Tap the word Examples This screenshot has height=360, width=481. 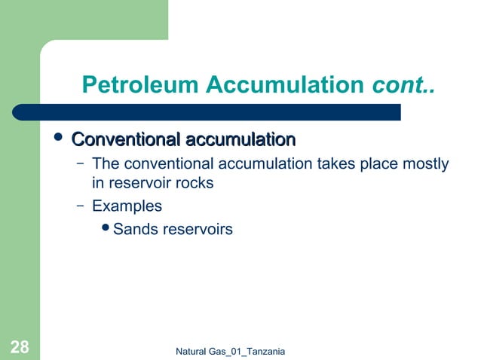(127, 205)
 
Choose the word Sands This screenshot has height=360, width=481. (133, 229)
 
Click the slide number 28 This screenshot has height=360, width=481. (20, 347)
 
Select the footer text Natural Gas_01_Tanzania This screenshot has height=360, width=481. (229, 352)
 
